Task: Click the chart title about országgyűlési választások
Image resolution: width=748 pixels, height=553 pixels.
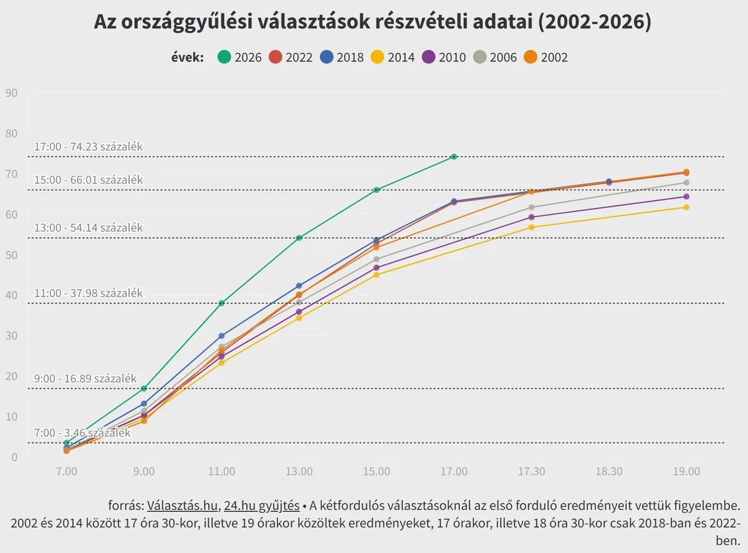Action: coord(373,22)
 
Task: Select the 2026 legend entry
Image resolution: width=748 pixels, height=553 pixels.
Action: coord(240,57)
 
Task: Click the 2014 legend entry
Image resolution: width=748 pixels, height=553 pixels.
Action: coord(393,57)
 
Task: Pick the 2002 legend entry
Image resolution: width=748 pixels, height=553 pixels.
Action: coord(546,57)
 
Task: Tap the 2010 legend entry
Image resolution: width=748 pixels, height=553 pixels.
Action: coord(444,57)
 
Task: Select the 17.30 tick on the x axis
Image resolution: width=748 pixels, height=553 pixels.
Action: coord(531,471)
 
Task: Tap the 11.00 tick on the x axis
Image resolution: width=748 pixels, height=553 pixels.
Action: coord(221,471)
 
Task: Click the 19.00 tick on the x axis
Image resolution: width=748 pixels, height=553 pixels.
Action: coord(686,471)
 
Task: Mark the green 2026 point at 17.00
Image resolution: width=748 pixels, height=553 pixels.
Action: coord(454,157)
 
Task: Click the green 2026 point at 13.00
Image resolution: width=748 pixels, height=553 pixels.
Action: coord(299,238)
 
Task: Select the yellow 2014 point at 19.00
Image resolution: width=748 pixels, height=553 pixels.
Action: coord(686,207)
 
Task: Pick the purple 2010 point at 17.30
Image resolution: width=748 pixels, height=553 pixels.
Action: coord(531,217)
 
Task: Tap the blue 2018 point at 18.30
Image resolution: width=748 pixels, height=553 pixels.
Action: coord(609,182)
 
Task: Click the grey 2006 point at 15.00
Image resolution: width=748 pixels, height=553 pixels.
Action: coord(376,259)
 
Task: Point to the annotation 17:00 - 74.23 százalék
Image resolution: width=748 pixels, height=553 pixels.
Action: coord(89,147)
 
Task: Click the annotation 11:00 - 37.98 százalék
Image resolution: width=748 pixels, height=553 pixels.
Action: coord(89,293)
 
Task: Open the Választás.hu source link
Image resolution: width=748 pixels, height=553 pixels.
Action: coord(183,505)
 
